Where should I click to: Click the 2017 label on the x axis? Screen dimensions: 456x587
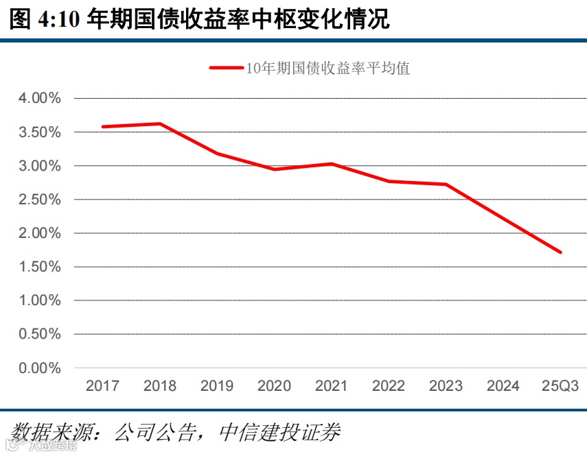[102, 386]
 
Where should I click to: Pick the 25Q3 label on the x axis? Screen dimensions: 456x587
[560, 386]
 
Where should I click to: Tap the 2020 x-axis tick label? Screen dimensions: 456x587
[274, 386]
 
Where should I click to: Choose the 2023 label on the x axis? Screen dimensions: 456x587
[446, 386]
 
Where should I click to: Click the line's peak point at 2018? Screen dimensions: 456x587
[160, 123]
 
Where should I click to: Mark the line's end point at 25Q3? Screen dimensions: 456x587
[560, 252]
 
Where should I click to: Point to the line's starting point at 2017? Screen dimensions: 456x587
[102, 127]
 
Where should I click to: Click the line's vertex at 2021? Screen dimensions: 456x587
[332, 164]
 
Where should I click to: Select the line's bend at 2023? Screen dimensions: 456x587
[446, 184]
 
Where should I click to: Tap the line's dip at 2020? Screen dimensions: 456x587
[274, 169]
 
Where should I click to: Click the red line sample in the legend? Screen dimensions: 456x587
[226, 68]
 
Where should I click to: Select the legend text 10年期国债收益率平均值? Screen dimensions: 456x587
[327, 68]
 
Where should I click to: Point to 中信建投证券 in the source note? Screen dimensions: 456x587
[279, 432]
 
